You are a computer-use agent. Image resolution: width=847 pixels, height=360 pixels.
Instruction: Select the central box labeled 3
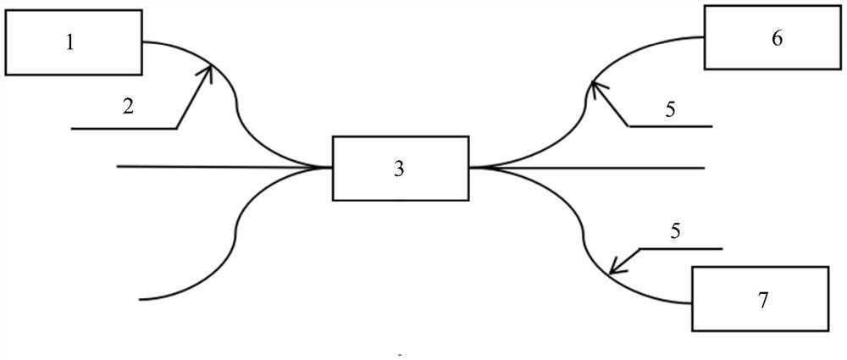400,168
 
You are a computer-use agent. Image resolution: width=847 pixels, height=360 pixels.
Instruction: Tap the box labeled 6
775,39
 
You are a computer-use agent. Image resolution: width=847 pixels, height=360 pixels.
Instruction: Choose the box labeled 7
761,299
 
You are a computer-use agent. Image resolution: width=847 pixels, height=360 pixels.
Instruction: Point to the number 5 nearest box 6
669,109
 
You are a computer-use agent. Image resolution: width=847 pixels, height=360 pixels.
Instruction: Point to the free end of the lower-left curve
142,299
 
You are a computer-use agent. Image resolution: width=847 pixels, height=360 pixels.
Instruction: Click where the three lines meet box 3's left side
330,167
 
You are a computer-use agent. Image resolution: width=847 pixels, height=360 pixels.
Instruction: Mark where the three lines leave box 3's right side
471,168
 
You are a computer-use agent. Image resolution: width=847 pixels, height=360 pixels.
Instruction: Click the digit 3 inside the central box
399,168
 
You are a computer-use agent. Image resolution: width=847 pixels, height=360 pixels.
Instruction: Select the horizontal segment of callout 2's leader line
124,129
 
